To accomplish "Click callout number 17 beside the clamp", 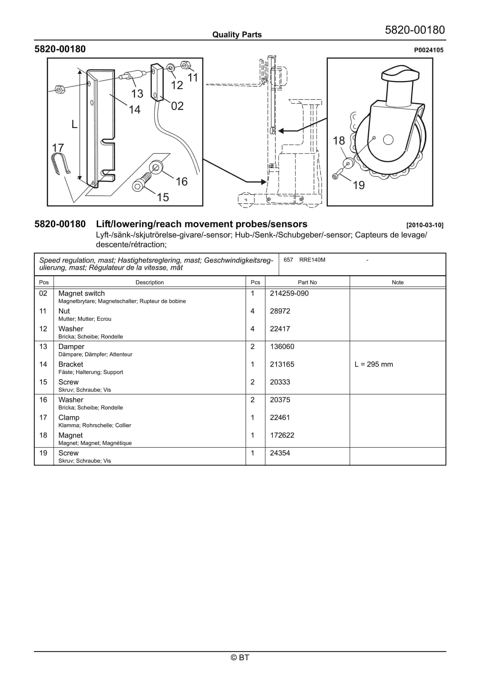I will pos(58,148).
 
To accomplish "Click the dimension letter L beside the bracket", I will pos(74,124).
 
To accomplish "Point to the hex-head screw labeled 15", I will pos(141,182).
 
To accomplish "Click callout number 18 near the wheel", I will pos(339,141).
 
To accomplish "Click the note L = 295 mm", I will pos(374,364).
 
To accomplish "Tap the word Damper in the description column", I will pos(71,346).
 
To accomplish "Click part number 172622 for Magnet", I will pos(282,435).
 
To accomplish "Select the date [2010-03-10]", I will pos(425,225).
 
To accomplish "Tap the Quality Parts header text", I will pos(237,35).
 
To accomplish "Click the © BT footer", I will pos(240,657).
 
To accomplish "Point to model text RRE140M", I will pos(312,260).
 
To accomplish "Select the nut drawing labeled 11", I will pos(185,65).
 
